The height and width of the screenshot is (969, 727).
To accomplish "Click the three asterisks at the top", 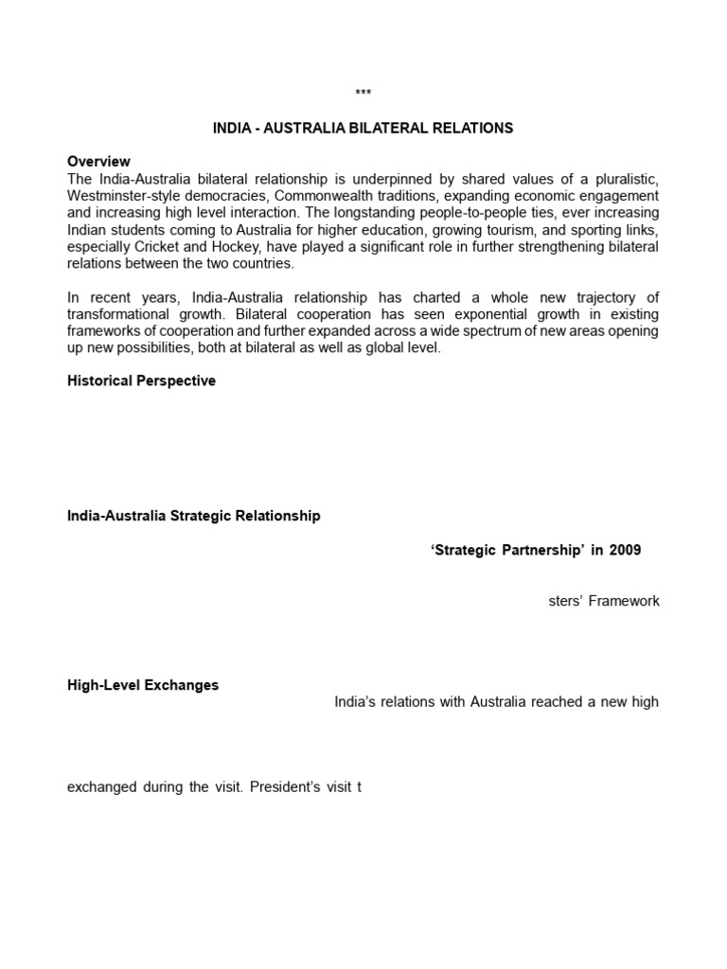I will pyautogui.click(x=363, y=93).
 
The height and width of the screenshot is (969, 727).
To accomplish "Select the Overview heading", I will pyautogui.click(x=98, y=162).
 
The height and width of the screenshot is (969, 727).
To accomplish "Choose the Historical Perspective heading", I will pyautogui.click(x=141, y=380).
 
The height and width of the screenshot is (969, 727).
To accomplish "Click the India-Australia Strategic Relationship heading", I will pyautogui.click(x=194, y=516).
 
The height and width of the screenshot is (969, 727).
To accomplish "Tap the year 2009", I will pyautogui.click(x=625, y=551).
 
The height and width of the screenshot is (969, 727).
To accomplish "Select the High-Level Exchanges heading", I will pyautogui.click(x=143, y=685).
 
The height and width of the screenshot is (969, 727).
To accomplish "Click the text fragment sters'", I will pyautogui.click(x=565, y=601).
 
